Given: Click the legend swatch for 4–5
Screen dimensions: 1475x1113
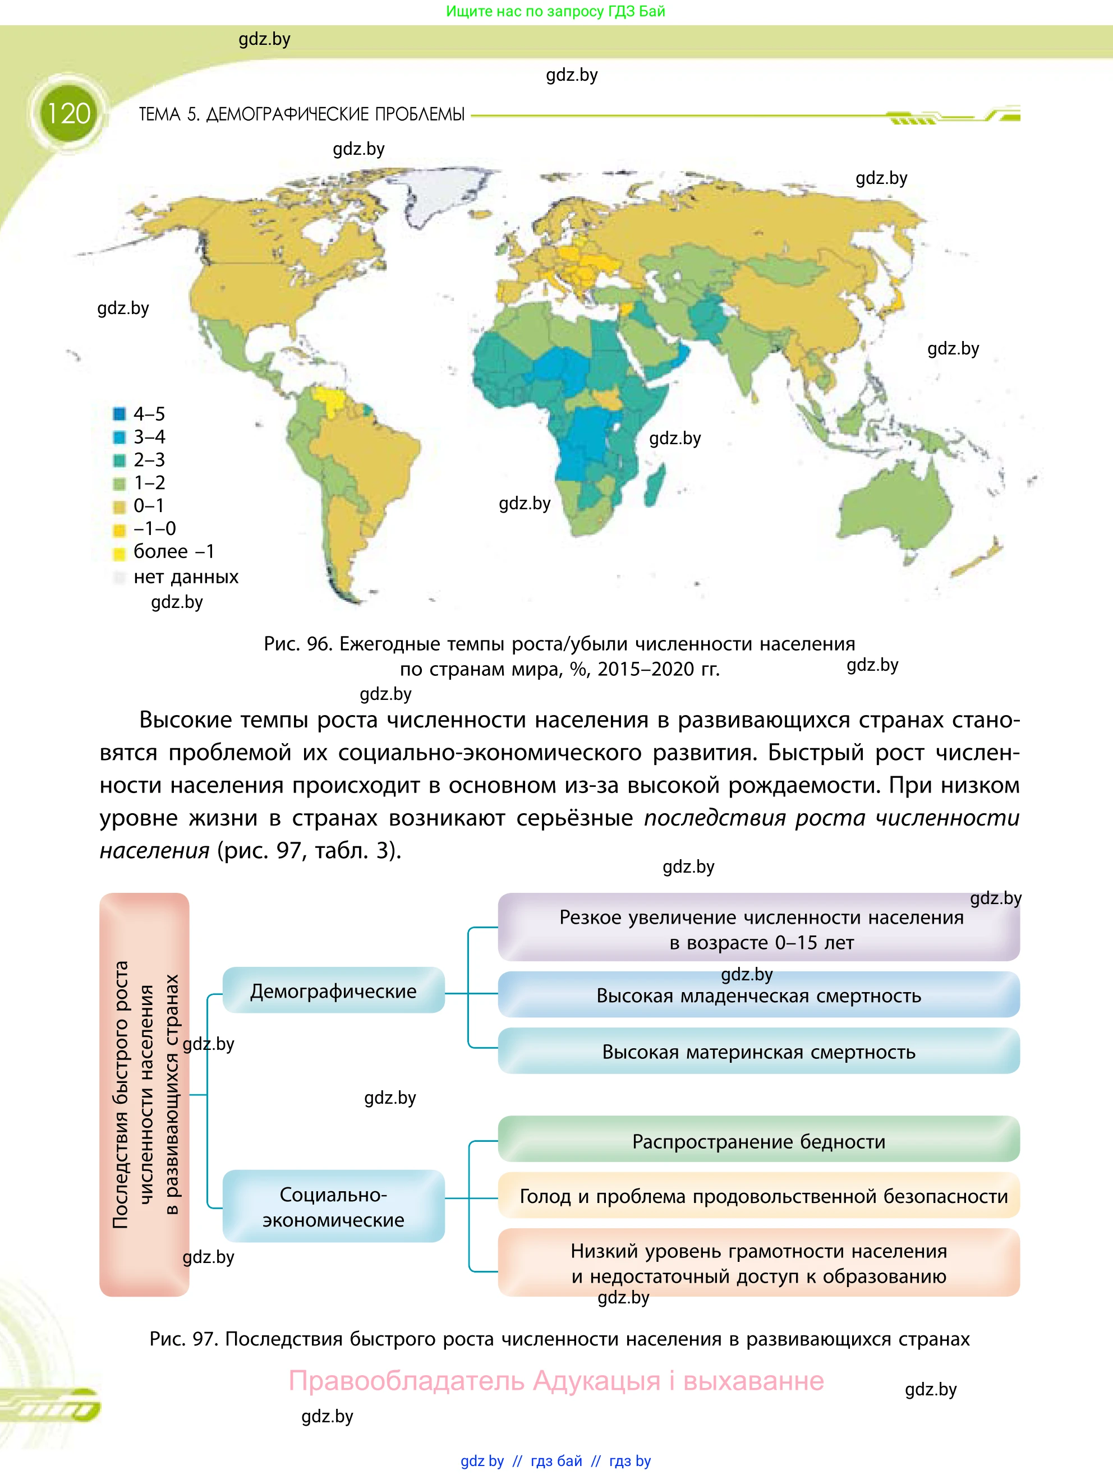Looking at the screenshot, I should point(119,414).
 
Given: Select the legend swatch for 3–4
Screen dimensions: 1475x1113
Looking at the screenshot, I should point(119,437).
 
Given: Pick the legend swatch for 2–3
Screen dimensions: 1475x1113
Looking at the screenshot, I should point(119,460).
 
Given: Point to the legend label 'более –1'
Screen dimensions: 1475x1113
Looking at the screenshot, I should point(173,551).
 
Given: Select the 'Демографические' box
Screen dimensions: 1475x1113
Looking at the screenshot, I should point(333,991).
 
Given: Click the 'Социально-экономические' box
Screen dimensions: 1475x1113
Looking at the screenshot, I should point(333,1206).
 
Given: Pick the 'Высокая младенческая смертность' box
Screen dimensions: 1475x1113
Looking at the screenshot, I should point(758,995).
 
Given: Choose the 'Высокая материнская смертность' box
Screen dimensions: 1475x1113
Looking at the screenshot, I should point(758,1052).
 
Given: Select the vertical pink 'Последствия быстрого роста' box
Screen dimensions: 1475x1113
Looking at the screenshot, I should point(144,1094).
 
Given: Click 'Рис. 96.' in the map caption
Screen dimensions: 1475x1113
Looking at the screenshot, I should point(297,644).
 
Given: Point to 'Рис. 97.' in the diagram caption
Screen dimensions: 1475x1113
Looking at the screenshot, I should point(183,1339).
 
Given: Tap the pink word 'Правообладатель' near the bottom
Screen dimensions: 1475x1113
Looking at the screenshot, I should point(407,1380).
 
